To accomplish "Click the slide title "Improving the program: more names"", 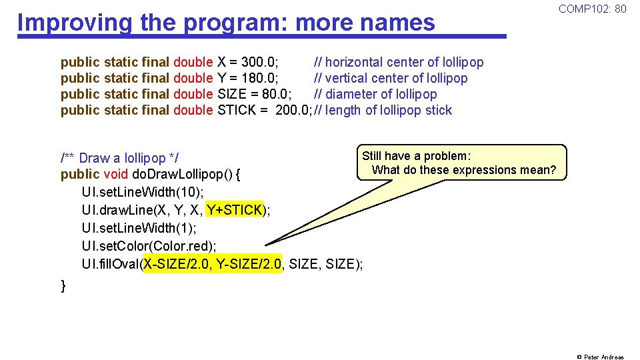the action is tap(226, 23).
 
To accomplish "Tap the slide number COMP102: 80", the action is tap(592, 9).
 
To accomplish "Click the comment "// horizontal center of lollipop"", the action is tap(399, 63).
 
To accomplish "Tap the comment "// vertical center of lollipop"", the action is tap(391, 79).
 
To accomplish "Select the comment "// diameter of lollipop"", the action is tap(375, 95).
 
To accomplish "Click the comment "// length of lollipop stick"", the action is tap(383, 111).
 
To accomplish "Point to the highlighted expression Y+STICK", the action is tap(235, 211).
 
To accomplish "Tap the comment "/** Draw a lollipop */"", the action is tap(119, 159).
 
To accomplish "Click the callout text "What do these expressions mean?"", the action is tap(464, 170).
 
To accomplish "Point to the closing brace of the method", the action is tap(63, 286).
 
